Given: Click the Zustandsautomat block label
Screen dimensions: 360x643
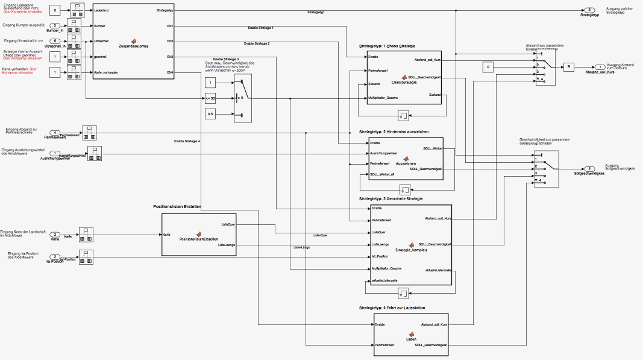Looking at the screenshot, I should pyautogui.click(x=133, y=46).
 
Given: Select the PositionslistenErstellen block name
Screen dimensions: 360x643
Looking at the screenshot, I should pyautogui.click(x=198, y=239).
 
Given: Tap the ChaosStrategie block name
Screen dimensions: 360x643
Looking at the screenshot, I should pyautogui.click(x=404, y=82).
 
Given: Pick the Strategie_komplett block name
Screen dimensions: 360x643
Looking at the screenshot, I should pyautogui.click(x=412, y=250).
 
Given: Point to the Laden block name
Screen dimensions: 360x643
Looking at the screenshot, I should pyautogui.click(x=411, y=339).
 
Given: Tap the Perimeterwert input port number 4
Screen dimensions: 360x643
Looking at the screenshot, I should pyautogui.click(x=55, y=133).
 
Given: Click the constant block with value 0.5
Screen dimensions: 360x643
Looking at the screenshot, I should pyautogui.click(x=210, y=114).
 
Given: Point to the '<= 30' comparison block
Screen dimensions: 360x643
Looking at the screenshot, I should pyautogui.click(x=210, y=98).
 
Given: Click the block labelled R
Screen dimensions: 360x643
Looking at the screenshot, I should pyautogui.click(x=568, y=67).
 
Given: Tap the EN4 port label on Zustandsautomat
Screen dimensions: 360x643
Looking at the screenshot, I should pyautogui.click(x=170, y=72).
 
